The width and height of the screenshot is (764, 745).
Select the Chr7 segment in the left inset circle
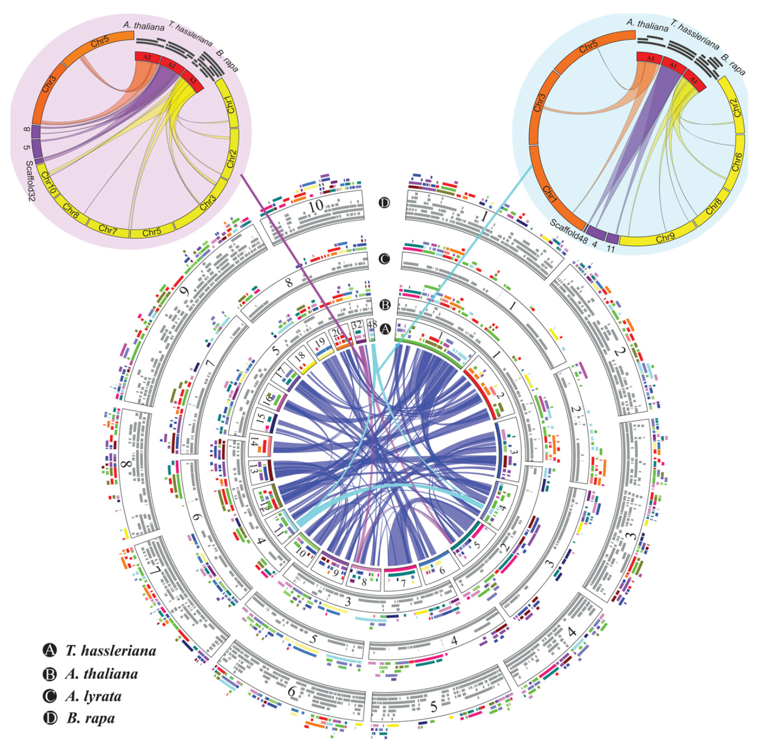pos(107,228)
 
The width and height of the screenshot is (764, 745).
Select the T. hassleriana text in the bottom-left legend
pos(110,651)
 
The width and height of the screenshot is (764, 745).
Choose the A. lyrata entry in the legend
pos(93,696)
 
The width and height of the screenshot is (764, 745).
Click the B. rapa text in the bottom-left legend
pos(90,718)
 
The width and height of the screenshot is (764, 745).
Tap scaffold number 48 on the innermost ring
pos(372,324)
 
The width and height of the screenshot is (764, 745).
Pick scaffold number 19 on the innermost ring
pos(320,342)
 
